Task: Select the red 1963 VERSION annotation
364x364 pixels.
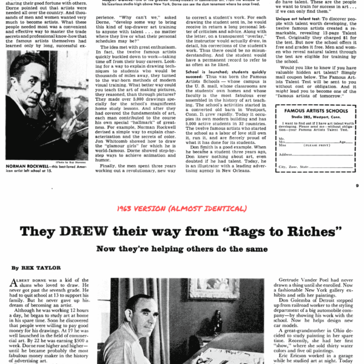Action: (182, 209)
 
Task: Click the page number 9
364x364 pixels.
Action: (357, 186)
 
